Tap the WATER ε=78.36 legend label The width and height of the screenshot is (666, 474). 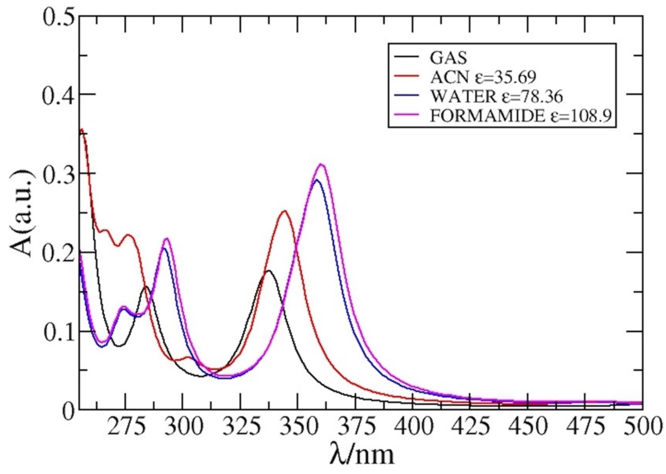pos(496,97)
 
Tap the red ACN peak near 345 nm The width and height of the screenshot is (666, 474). pos(284,211)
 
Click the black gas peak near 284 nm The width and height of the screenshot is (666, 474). pos(146,286)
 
